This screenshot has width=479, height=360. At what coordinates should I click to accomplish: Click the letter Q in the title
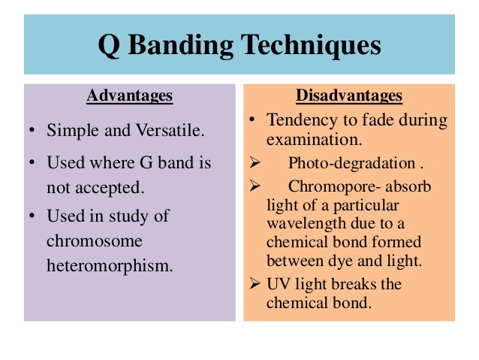(109, 46)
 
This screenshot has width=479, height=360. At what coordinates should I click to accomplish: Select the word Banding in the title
(181, 46)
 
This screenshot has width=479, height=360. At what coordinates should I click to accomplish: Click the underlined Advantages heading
(130, 95)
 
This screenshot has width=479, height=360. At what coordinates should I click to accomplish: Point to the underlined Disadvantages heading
(349, 95)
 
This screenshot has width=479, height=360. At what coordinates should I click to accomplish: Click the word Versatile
(170, 130)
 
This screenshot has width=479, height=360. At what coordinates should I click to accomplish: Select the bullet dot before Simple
(32, 130)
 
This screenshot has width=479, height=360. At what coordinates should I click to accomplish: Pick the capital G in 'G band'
(146, 162)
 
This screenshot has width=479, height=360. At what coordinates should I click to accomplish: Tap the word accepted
(110, 188)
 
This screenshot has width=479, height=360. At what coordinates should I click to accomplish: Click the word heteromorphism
(110, 265)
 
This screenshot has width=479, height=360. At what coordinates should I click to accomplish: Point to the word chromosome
(95, 241)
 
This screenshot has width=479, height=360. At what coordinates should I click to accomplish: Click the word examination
(314, 140)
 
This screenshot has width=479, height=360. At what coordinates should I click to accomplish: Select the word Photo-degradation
(352, 163)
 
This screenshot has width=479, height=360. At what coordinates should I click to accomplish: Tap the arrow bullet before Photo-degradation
(255, 162)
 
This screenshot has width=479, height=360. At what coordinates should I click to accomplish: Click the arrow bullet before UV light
(255, 283)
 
